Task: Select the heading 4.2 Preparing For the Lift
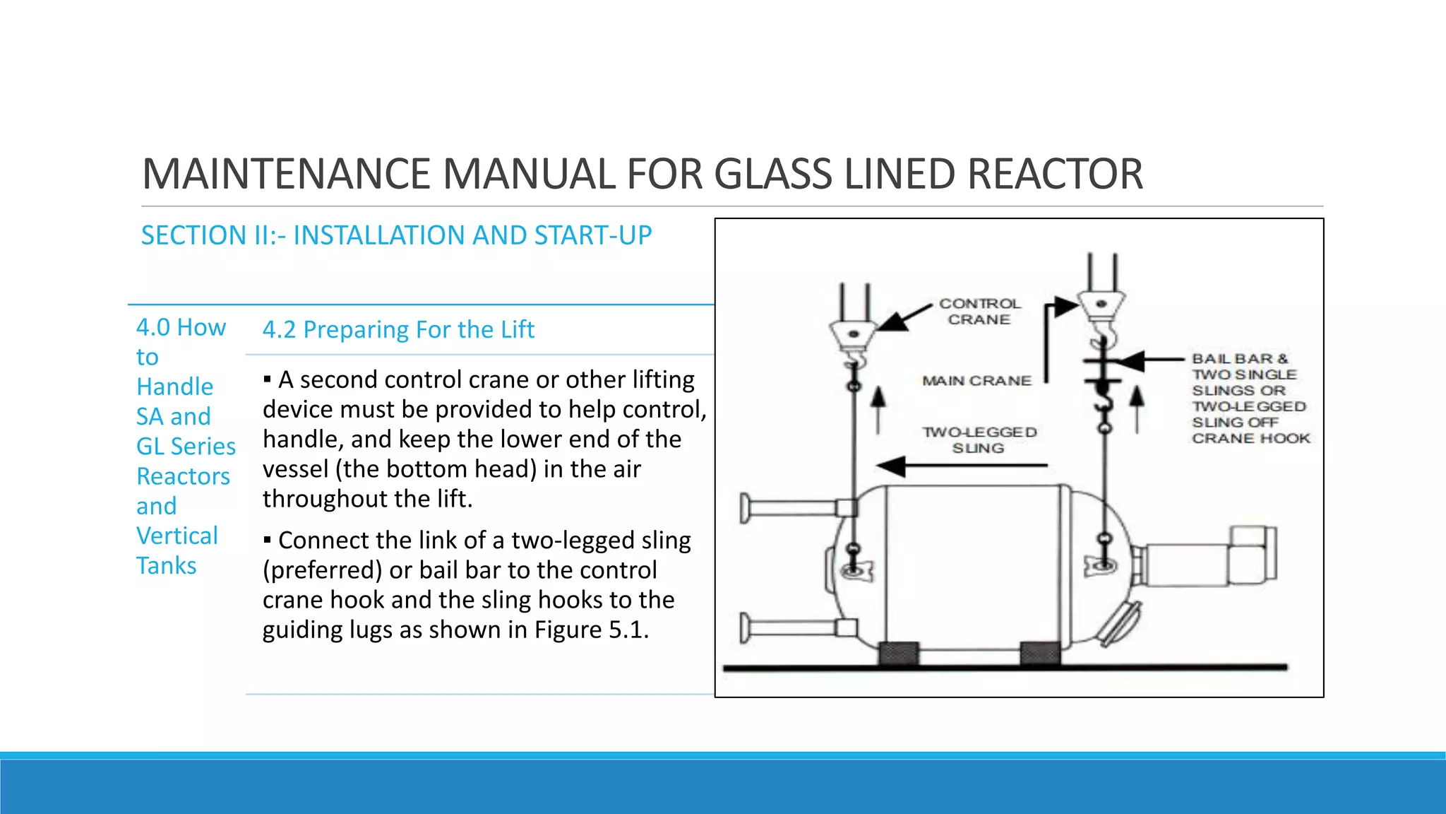point(398,330)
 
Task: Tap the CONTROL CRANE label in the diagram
point(979,312)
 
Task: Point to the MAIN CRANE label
point(976,381)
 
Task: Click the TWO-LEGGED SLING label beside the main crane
point(979,440)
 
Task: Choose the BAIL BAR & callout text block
point(1250,399)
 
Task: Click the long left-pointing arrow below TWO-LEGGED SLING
point(961,466)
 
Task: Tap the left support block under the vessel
point(899,654)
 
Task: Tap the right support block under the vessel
point(1040,654)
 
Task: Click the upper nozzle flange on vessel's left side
point(746,507)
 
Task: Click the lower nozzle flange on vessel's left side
point(746,627)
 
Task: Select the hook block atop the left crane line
point(853,335)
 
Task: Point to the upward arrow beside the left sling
point(878,408)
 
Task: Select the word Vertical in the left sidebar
point(177,536)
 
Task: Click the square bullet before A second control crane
point(268,380)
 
